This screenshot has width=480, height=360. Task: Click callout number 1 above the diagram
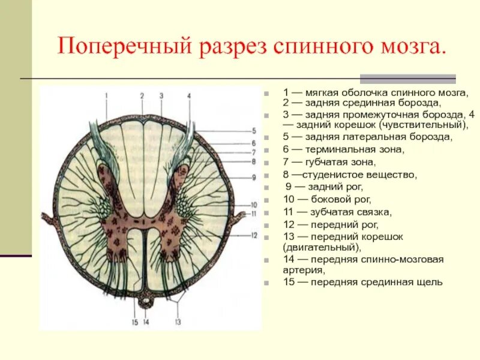106,95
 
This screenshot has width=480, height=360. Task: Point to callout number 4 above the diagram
189,95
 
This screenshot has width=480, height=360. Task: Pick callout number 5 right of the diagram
254,130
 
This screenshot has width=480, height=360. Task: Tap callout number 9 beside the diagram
254,177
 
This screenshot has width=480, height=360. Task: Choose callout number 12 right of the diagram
254,235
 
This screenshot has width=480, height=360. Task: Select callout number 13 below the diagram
178,322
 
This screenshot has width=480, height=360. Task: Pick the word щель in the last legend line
431,281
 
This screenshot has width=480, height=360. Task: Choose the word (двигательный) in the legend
322,247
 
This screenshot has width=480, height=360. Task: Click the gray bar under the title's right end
407,79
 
